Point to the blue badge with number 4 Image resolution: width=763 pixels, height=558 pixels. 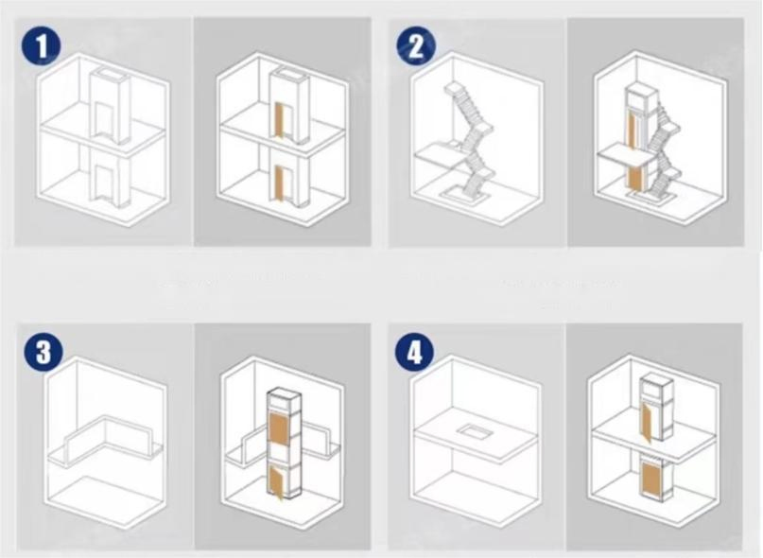pos(414,352)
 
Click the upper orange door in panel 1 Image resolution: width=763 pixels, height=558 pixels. pos(280,119)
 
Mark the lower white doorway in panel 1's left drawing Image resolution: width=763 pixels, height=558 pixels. pos(101,183)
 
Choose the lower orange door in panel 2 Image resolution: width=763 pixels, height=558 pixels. pos(635,177)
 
